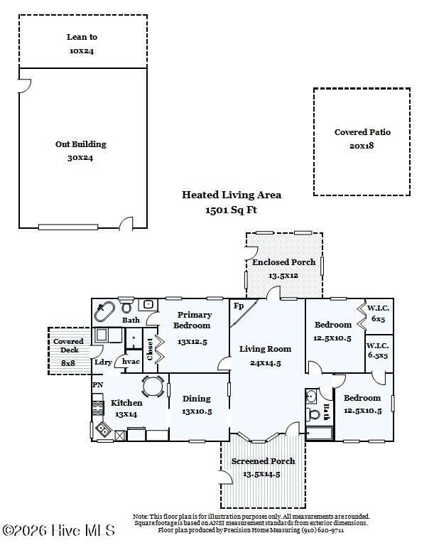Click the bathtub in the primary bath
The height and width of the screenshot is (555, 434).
[x=104, y=311]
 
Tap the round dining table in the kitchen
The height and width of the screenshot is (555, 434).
[x=153, y=386]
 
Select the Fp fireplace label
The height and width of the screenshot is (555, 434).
[x=239, y=306]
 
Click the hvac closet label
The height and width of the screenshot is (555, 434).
[x=131, y=362]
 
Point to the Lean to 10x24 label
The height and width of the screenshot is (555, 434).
[x=82, y=44]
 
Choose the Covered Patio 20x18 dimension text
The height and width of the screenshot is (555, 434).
[x=362, y=146]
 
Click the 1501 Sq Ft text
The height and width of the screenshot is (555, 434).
[x=232, y=210]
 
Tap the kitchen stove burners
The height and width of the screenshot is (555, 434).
[x=98, y=408]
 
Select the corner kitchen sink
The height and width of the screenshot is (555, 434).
[x=102, y=430]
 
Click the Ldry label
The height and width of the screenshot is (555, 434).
[x=103, y=362]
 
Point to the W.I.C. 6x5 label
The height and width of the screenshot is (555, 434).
[x=378, y=313]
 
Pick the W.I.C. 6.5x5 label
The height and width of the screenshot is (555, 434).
[x=378, y=350]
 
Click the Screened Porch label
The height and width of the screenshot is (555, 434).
[x=263, y=461]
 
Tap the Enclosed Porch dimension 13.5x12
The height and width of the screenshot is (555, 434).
[x=283, y=276]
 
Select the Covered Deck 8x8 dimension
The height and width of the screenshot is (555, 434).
[x=68, y=363]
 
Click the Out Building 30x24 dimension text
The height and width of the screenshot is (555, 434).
[x=80, y=158]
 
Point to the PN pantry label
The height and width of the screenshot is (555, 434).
[x=98, y=384]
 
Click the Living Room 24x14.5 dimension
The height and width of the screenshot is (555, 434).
[x=265, y=363]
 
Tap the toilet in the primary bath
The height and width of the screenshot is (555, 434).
[x=126, y=306]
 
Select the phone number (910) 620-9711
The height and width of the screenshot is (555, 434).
[x=322, y=530]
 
